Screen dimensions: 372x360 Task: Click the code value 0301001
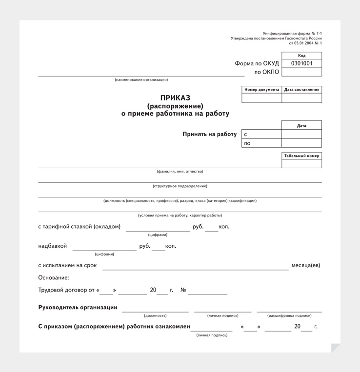pos(301,63)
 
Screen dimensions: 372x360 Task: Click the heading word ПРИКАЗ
pos(175,98)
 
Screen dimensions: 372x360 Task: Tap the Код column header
pos(301,56)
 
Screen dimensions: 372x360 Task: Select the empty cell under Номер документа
pos(261,98)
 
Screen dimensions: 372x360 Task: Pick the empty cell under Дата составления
pos(301,98)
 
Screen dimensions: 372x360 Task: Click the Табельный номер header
pos(301,156)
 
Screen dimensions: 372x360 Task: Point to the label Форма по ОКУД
pos(257,63)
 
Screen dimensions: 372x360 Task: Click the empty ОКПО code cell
pos(301,72)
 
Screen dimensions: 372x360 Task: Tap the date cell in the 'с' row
pos(301,134)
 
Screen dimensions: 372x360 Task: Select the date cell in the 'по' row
pos(301,143)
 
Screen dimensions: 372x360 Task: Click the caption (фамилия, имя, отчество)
pos(180,172)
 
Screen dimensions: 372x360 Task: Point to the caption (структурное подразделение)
pos(180,186)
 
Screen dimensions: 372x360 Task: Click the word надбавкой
pos(52,246)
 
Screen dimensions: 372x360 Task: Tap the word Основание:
pos(54,278)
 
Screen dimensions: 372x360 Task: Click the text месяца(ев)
pos(306,266)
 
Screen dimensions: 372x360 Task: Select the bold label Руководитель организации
pos(78,307)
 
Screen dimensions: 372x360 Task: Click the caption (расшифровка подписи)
pos(289,316)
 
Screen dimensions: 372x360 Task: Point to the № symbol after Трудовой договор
pos(183,290)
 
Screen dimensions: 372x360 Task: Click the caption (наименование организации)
pos(141,80)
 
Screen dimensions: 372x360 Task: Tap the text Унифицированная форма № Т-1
pos(292,33)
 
